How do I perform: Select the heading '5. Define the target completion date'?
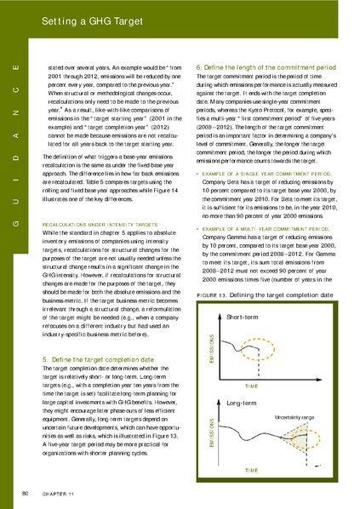(94, 360)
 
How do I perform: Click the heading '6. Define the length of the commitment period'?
(266, 66)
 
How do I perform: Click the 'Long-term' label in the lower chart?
(243, 402)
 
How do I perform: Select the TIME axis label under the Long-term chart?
(252, 469)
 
